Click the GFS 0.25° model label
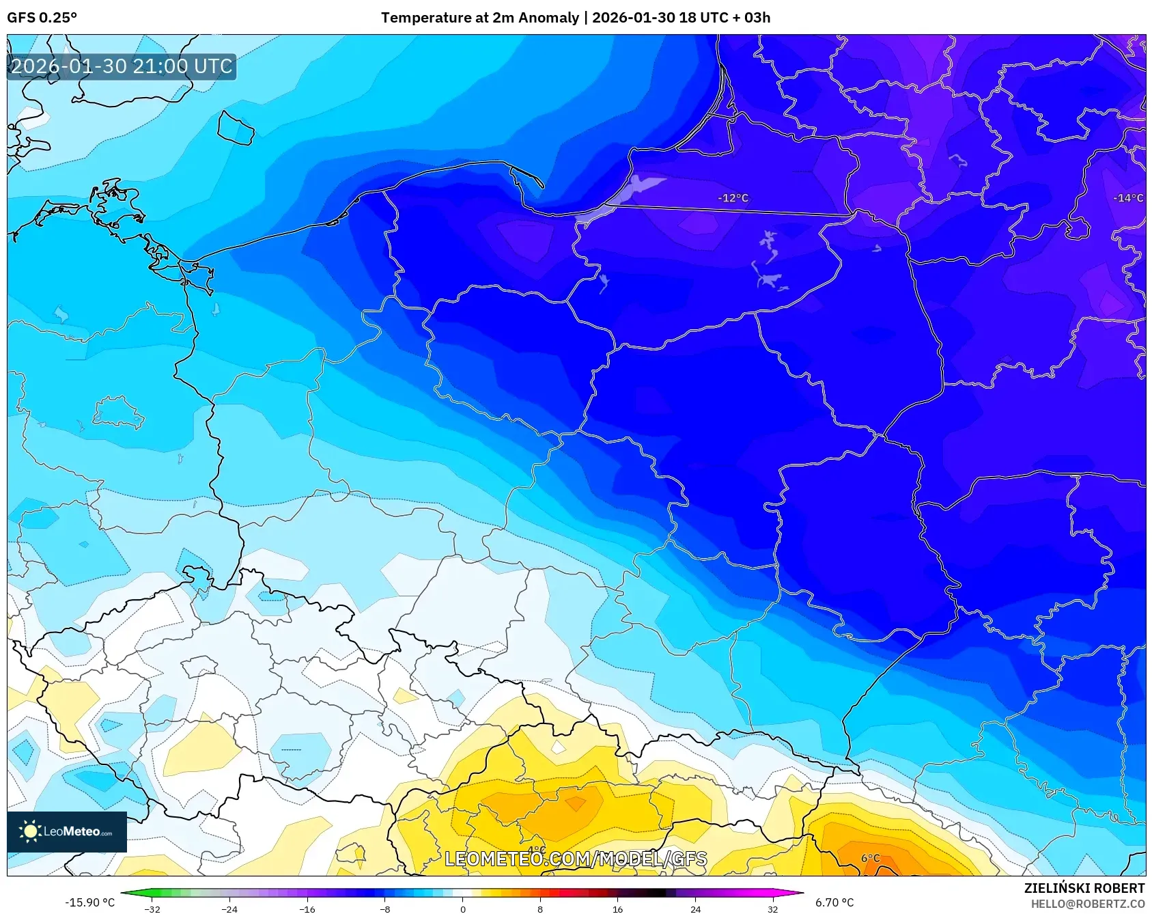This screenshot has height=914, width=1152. (x=42, y=18)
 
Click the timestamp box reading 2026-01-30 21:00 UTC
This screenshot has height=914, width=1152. (x=122, y=66)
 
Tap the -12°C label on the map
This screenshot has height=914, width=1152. (x=733, y=198)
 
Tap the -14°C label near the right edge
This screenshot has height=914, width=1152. (x=1127, y=198)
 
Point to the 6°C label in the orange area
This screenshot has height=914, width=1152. (x=870, y=859)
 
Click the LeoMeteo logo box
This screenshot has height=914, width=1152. (x=67, y=831)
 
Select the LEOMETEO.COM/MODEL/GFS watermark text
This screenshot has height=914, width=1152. (x=576, y=859)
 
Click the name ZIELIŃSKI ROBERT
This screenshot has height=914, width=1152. (x=1084, y=888)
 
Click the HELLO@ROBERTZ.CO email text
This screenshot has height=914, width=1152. (x=1087, y=904)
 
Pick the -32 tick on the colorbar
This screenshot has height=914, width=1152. (x=153, y=909)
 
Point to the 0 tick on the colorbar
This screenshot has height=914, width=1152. (x=463, y=909)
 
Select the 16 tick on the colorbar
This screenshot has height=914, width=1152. (x=617, y=909)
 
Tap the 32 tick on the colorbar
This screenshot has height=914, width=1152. (x=772, y=909)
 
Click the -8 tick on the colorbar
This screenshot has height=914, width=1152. (x=385, y=909)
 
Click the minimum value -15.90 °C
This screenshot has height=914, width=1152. (x=89, y=902)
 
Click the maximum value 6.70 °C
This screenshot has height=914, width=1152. (x=834, y=902)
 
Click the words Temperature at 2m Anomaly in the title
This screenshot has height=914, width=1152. (x=479, y=18)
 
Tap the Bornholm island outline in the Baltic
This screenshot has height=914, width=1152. (x=236, y=128)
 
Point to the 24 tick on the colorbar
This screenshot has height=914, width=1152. (x=695, y=909)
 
